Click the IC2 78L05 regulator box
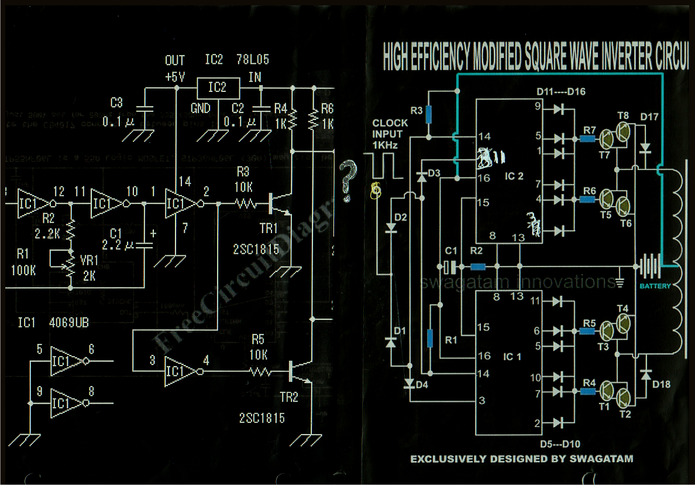[217, 88]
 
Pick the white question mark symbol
[347, 181]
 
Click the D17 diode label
[649, 117]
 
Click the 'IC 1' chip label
[512, 357]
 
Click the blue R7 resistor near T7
[587, 139]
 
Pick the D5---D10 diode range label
[560, 444]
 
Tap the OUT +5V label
[175, 69]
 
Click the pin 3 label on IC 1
[481, 401]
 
